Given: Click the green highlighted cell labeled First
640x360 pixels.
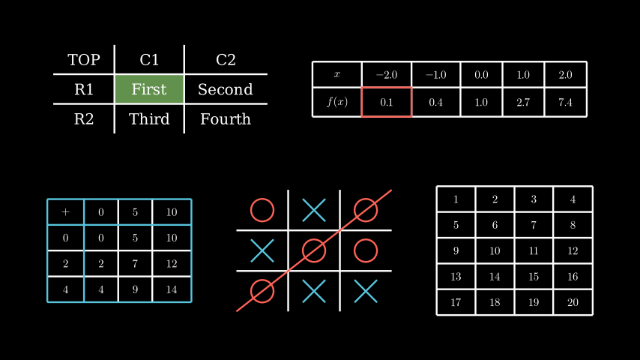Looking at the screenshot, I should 149,89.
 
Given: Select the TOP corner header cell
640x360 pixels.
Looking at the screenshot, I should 84,60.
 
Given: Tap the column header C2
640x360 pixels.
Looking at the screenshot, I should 226,60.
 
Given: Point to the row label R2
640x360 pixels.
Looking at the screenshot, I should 84,119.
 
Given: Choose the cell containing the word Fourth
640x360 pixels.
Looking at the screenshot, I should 226,119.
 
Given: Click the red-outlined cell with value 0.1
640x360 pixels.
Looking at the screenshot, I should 387,102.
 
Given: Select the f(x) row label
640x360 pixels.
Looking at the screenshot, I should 337,102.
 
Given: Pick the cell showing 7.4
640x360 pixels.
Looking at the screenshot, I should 566,102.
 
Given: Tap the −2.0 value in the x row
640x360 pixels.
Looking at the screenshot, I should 387,75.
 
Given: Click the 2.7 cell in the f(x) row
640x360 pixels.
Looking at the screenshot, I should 523,102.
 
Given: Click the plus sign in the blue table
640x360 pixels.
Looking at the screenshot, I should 65,212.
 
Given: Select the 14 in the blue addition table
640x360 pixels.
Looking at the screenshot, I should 172,289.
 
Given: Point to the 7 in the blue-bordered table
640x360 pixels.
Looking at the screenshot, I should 135,264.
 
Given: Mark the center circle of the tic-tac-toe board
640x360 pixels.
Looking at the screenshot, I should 314,250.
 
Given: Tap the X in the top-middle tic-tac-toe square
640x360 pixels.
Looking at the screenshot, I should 314,210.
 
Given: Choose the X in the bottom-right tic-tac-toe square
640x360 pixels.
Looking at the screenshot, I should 366,290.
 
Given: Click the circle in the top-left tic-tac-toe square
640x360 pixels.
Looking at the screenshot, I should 262,210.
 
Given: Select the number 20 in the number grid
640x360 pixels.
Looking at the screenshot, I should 573,302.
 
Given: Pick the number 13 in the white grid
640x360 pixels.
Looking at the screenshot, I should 456,277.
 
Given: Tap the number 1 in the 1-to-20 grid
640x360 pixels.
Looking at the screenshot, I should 456,199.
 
